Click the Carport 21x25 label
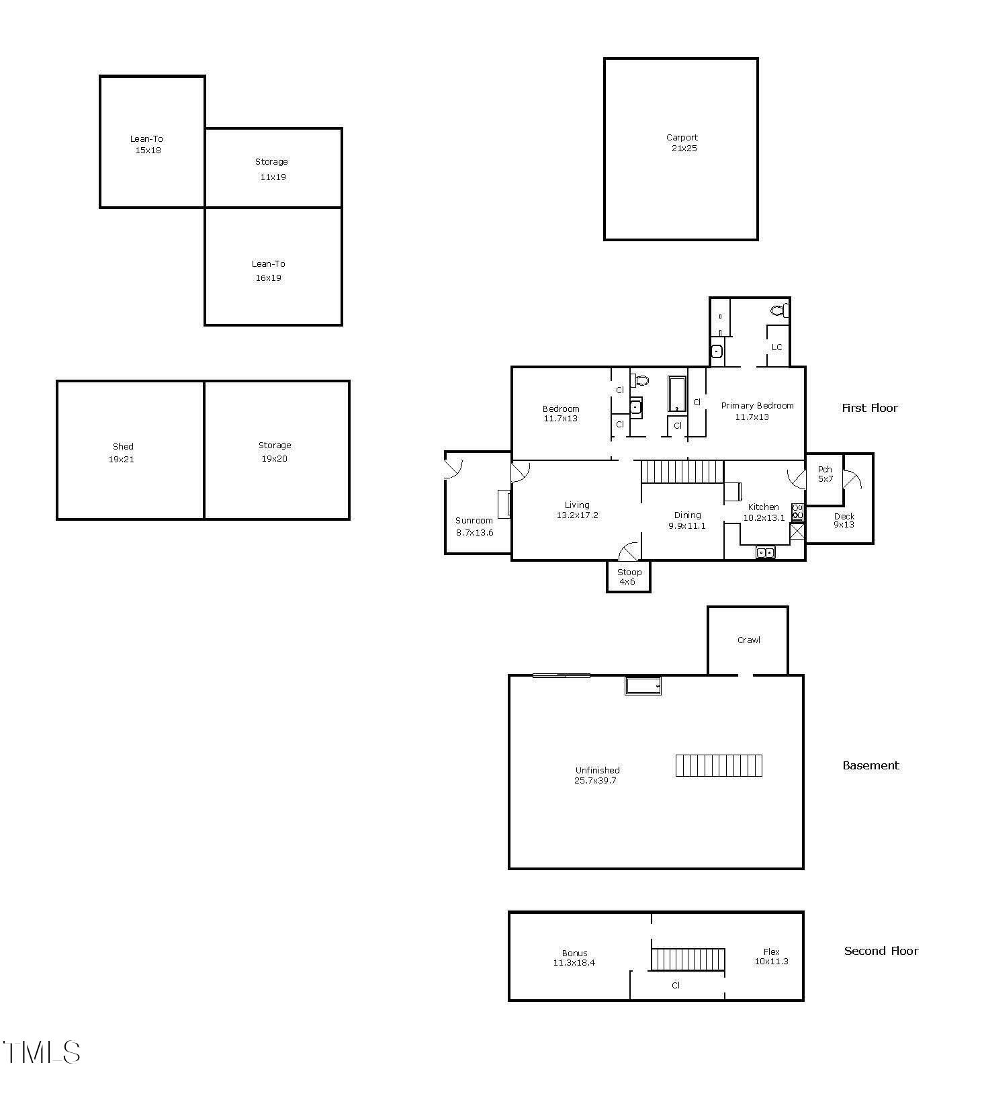[x=682, y=143]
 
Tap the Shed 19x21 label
[x=122, y=453]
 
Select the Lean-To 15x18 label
[x=147, y=144]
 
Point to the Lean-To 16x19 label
[x=268, y=271]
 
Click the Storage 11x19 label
[x=272, y=169]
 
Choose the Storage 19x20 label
[x=275, y=452]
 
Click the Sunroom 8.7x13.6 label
[x=474, y=526]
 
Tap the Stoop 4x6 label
[x=629, y=577]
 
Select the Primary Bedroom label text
[x=757, y=406]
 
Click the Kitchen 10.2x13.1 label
[x=764, y=512]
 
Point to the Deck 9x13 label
[x=844, y=520]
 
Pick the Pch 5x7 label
[x=825, y=474]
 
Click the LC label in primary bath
[x=777, y=347]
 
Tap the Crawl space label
[x=748, y=640]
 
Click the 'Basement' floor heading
[x=871, y=765]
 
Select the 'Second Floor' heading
[x=881, y=951]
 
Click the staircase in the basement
[x=719, y=765]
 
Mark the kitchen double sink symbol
[x=765, y=552]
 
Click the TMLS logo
[x=42, y=1052]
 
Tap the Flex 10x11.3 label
[x=771, y=956]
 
